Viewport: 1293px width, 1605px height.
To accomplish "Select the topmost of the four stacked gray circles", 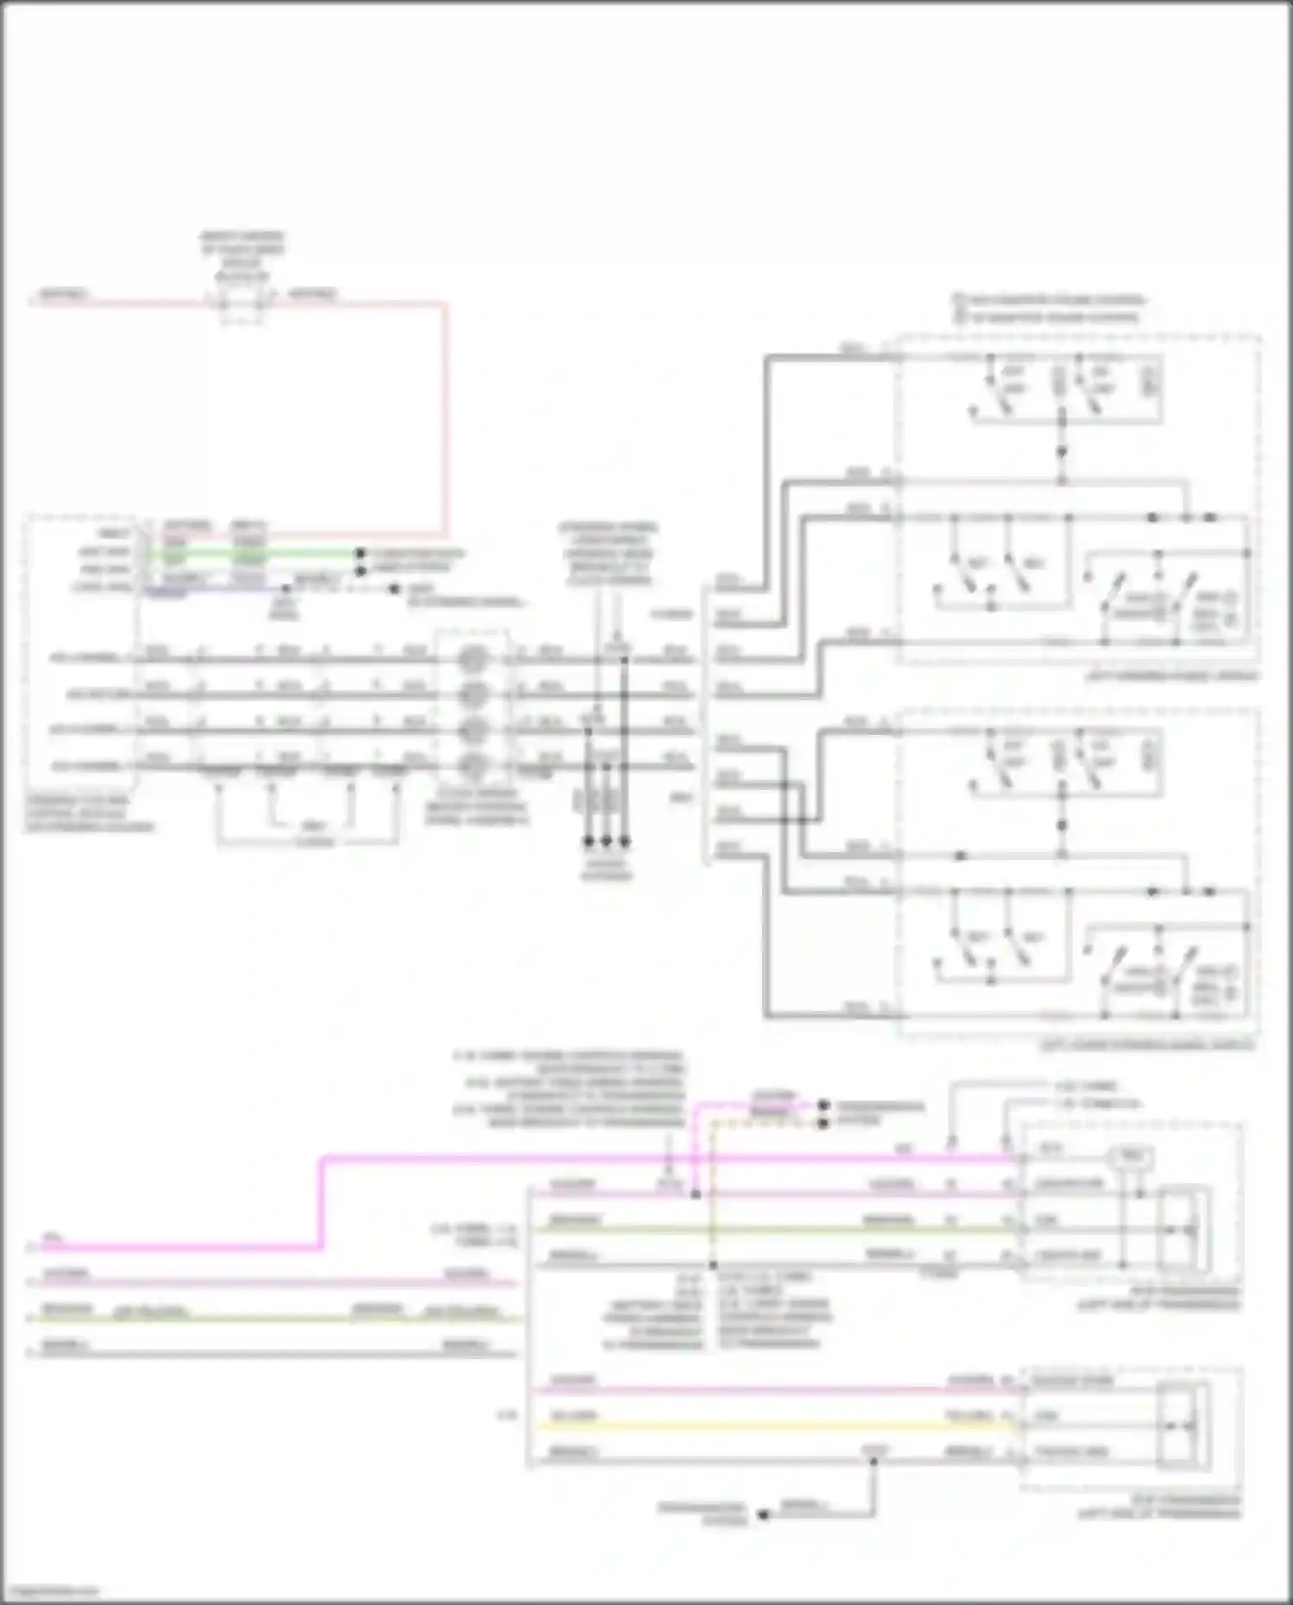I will (x=472, y=660).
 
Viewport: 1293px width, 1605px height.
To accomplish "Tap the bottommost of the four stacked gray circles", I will (x=472, y=765).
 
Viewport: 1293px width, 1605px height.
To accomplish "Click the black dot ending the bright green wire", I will (x=360, y=554).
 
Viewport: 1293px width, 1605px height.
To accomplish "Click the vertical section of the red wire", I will (x=446, y=418).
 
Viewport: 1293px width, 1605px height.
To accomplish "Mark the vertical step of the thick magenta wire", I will (x=321, y=1203).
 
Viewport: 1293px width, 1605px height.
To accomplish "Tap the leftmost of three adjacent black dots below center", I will (x=589, y=841).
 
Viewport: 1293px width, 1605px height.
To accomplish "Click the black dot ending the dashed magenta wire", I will (x=823, y=1105).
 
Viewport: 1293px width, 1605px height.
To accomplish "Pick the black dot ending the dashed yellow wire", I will (x=823, y=1123).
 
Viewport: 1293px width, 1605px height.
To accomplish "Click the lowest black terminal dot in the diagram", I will (x=763, y=1514).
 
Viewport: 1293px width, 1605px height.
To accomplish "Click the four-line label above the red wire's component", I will (x=242, y=256).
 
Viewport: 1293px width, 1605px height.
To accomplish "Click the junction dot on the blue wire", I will (x=285, y=589).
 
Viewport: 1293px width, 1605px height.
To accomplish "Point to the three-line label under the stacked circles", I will (x=476, y=806).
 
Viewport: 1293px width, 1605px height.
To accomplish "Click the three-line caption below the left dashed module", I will (x=89, y=813).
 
